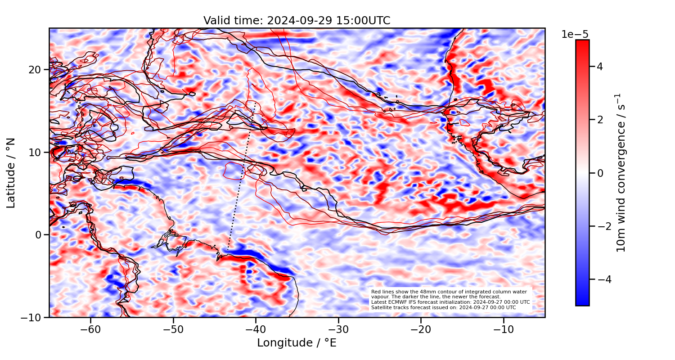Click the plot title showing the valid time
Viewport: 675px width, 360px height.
(x=297, y=21)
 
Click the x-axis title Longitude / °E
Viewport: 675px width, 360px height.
(x=297, y=343)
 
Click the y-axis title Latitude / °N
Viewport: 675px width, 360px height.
(x=11, y=173)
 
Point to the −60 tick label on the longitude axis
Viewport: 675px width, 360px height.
(x=90, y=329)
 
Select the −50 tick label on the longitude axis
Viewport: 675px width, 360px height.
(x=173, y=329)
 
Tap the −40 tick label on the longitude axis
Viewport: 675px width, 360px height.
(x=256, y=329)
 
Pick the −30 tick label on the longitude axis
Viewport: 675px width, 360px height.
(x=338, y=329)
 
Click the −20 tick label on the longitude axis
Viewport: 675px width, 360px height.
(x=421, y=329)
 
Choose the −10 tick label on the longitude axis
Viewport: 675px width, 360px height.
(x=504, y=329)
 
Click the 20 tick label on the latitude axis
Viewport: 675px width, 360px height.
(x=36, y=70)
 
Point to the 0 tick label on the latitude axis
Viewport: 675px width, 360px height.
(x=39, y=235)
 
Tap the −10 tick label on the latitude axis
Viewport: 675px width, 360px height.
(x=33, y=317)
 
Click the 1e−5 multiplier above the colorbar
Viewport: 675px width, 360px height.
(x=575, y=35)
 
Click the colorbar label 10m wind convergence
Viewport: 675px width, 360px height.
(x=621, y=173)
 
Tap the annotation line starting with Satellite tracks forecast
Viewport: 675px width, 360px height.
(x=443, y=307)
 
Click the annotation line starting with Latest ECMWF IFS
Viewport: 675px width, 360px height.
(x=450, y=302)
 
